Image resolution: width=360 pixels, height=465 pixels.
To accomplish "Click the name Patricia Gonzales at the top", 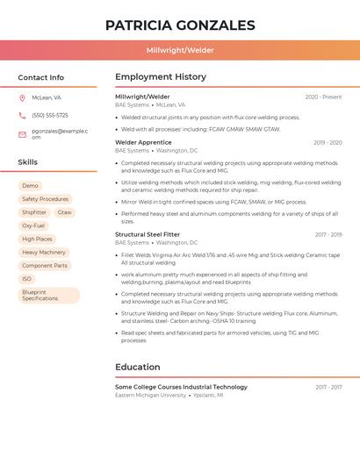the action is pyautogui.click(x=180, y=25).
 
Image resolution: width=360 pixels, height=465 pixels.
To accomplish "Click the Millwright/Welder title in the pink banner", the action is pyautogui.click(x=180, y=50).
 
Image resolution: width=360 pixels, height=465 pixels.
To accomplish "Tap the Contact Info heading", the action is pyautogui.click(x=41, y=77).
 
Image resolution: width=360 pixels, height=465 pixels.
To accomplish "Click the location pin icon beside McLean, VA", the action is pyautogui.click(x=22, y=97).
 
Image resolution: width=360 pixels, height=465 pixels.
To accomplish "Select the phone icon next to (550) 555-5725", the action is pyautogui.click(x=22, y=115).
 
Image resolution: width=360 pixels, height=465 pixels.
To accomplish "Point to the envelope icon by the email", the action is pyautogui.click(x=22, y=134).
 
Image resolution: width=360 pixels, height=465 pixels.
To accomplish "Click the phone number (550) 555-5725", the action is pyautogui.click(x=50, y=115).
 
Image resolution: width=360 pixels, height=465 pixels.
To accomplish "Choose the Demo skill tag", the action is pyautogui.click(x=30, y=186).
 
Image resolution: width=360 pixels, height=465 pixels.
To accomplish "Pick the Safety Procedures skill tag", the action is pyautogui.click(x=45, y=199).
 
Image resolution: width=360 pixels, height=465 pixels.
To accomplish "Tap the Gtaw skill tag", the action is pyautogui.click(x=65, y=212).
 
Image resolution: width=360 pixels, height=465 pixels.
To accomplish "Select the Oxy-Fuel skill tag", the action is pyautogui.click(x=33, y=225).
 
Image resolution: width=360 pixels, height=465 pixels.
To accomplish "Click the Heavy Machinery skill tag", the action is pyautogui.click(x=44, y=252).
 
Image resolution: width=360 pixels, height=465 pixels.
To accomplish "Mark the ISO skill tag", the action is pyautogui.click(x=27, y=279).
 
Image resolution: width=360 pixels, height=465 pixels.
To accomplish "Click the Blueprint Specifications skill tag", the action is pyautogui.click(x=48, y=295).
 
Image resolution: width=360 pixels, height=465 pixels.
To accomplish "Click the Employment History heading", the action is pyautogui.click(x=161, y=77).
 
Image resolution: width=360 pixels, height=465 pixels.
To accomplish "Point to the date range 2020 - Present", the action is pyautogui.click(x=323, y=97).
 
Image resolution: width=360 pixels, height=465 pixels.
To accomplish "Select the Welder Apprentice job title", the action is pyautogui.click(x=143, y=142).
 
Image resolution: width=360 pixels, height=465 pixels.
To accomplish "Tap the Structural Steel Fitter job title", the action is pyautogui.click(x=148, y=234).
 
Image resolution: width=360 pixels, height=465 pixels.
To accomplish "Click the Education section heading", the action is pyautogui.click(x=138, y=367).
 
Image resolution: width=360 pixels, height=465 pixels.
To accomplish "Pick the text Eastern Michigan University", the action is pyautogui.click(x=150, y=396).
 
